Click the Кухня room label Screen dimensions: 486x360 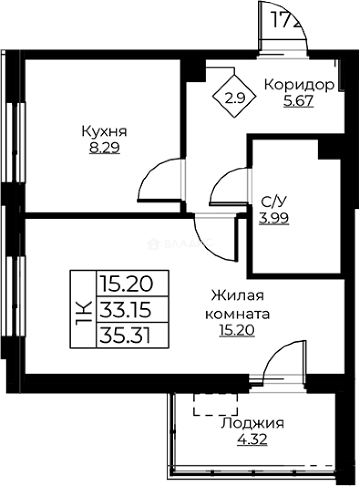pyautogui.click(x=104, y=132)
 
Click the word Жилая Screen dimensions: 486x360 pyautogui.click(x=237, y=297)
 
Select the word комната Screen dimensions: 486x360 pyautogui.click(x=238, y=314)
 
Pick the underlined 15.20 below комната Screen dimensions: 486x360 pyautogui.click(x=237, y=331)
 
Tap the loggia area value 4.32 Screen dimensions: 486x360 pyautogui.click(x=252, y=439)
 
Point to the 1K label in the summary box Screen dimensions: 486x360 pyautogui.click(x=84, y=309)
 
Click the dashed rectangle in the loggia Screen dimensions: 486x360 pyautogui.click(x=216, y=404)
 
